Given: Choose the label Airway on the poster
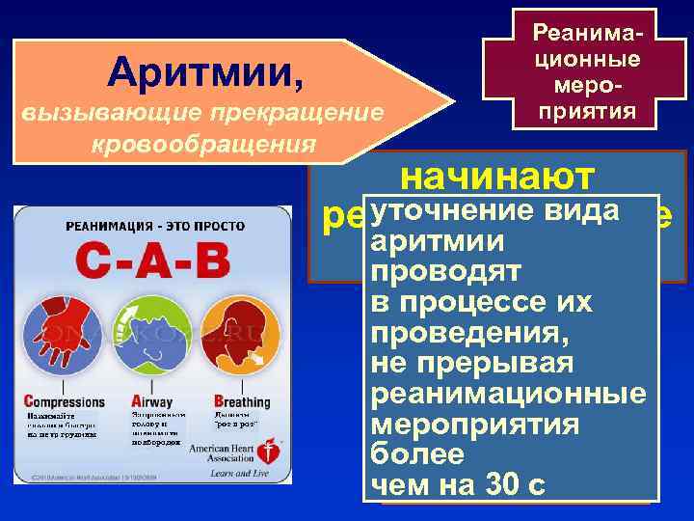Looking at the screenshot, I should click(151, 401).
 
